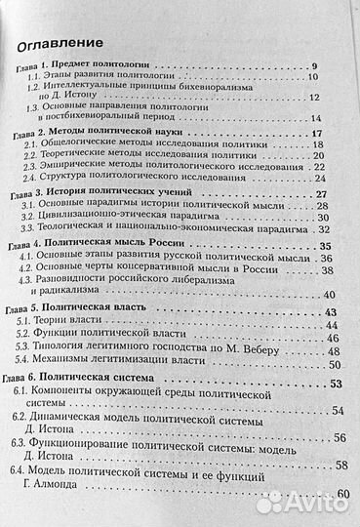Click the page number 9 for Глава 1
(315, 65)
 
